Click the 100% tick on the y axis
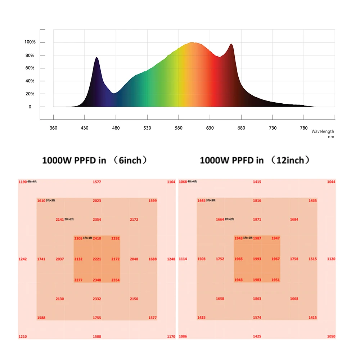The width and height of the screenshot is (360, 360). click(x=30, y=42)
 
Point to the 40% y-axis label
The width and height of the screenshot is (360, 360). click(x=30, y=81)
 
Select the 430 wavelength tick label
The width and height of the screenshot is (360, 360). click(x=85, y=128)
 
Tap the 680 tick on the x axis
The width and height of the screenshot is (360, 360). click(x=242, y=128)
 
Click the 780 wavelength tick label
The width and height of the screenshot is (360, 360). click(x=304, y=128)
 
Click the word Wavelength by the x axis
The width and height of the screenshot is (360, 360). click(x=323, y=131)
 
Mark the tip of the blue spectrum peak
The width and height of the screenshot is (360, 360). click(x=96, y=58)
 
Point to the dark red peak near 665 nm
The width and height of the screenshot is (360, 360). click(x=231, y=44)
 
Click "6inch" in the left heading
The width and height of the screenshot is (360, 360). click(x=130, y=160)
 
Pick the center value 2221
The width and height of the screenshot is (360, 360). click(x=97, y=259)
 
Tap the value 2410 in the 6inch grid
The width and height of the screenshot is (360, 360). click(x=97, y=238)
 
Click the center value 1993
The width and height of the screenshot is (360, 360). click(x=257, y=259)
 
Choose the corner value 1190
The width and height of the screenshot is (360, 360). click(x=22, y=182)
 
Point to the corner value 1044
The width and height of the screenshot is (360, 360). click(x=331, y=182)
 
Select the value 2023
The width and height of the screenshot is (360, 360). click(x=97, y=201)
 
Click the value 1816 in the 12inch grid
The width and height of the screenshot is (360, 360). click(x=257, y=201)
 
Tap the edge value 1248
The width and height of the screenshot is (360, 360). click(x=171, y=259)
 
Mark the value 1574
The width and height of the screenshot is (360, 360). click(x=257, y=318)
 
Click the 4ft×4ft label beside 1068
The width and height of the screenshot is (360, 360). click(x=193, y=181)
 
